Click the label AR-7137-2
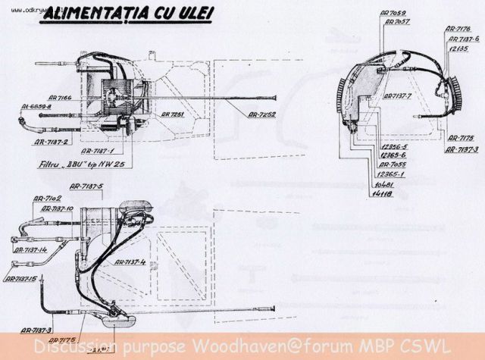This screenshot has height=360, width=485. click(x=51, y=141)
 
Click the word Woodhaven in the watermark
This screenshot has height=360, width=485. click(x=221, y=348)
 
